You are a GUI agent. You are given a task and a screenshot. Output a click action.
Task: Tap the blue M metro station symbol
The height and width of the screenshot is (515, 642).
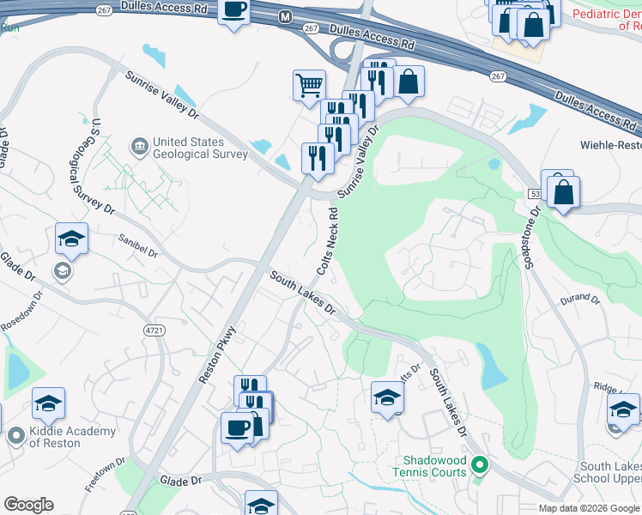[x=284, y=15]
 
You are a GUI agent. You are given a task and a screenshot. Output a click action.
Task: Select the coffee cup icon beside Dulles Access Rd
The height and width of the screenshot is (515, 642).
[x=233, y=11]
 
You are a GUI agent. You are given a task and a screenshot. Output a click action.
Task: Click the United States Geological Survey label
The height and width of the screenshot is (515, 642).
[x=199, y=148]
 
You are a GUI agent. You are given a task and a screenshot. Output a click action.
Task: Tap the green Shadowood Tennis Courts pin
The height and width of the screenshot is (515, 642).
[x=480, y=466]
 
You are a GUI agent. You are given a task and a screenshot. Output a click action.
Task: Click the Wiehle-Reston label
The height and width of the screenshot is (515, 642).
[x=609, y=145]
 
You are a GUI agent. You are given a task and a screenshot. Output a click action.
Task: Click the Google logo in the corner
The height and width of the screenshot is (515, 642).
[x=28, y=504]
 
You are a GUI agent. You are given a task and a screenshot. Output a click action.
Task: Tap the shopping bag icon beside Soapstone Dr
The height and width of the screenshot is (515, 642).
[x=563, y=193]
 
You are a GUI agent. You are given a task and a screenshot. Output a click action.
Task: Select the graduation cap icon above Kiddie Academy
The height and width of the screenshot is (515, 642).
[x=49, y=403]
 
